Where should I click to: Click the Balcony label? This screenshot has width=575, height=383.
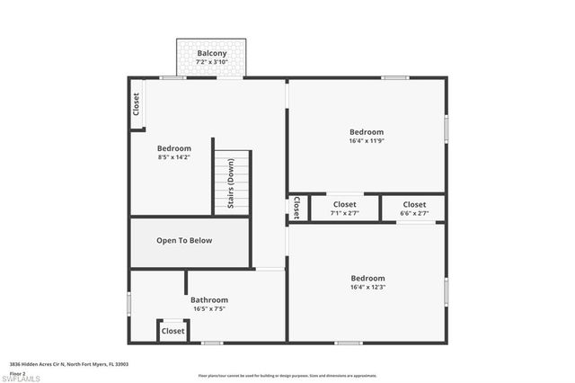212,53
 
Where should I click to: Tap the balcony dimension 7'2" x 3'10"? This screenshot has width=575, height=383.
212,62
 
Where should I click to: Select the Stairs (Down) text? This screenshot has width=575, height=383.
231,184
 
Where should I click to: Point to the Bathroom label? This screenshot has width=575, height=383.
208,299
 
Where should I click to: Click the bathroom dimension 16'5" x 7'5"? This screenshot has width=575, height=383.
208,308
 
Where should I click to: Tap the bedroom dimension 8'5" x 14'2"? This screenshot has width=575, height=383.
173,157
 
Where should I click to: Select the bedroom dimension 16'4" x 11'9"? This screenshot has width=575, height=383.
367,140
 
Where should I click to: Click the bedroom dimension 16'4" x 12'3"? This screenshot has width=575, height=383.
367,288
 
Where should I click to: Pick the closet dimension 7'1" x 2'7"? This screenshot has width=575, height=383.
344,214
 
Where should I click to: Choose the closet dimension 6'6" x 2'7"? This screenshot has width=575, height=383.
414,214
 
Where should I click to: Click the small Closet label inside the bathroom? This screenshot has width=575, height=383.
172,331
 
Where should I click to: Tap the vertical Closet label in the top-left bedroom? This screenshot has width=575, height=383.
137,104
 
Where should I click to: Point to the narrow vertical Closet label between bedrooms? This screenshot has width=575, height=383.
295,208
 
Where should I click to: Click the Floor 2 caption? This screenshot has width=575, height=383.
16,372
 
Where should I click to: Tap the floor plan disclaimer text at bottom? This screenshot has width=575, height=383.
287,375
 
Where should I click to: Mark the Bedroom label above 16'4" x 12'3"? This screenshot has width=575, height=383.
367,278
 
